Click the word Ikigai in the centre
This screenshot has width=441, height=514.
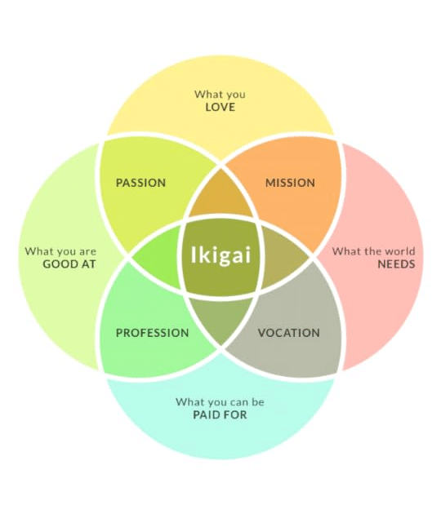click(x=220, y=255)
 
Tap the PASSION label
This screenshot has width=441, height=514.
click(x=140, y=183)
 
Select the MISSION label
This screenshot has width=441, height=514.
click(x=290, y=183)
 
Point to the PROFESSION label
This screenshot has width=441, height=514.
click(x=152, y=333)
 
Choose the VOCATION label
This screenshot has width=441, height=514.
click(x=289, y=333)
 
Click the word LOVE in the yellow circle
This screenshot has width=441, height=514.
click(x=220, y=107)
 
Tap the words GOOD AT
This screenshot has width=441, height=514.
click(x=69, y=264)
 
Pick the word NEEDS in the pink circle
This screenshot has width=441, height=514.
click(x=396, y=264)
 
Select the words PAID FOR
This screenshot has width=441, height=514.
click(x=220, y=414)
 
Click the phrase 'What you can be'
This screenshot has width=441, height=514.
click(x=220, y=402)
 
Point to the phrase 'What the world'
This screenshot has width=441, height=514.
click(x=373, y=251)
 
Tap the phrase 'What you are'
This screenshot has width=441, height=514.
click(x=60, y=252)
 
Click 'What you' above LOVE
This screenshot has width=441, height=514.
click(x=220, y=95)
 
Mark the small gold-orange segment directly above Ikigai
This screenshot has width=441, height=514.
click(x=220, y=197)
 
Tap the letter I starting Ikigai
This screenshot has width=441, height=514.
click(x=193, y=255)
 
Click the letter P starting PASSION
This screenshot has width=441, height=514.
click(x=119, y=183)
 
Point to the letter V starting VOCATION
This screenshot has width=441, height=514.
click(x=262, y=333)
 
